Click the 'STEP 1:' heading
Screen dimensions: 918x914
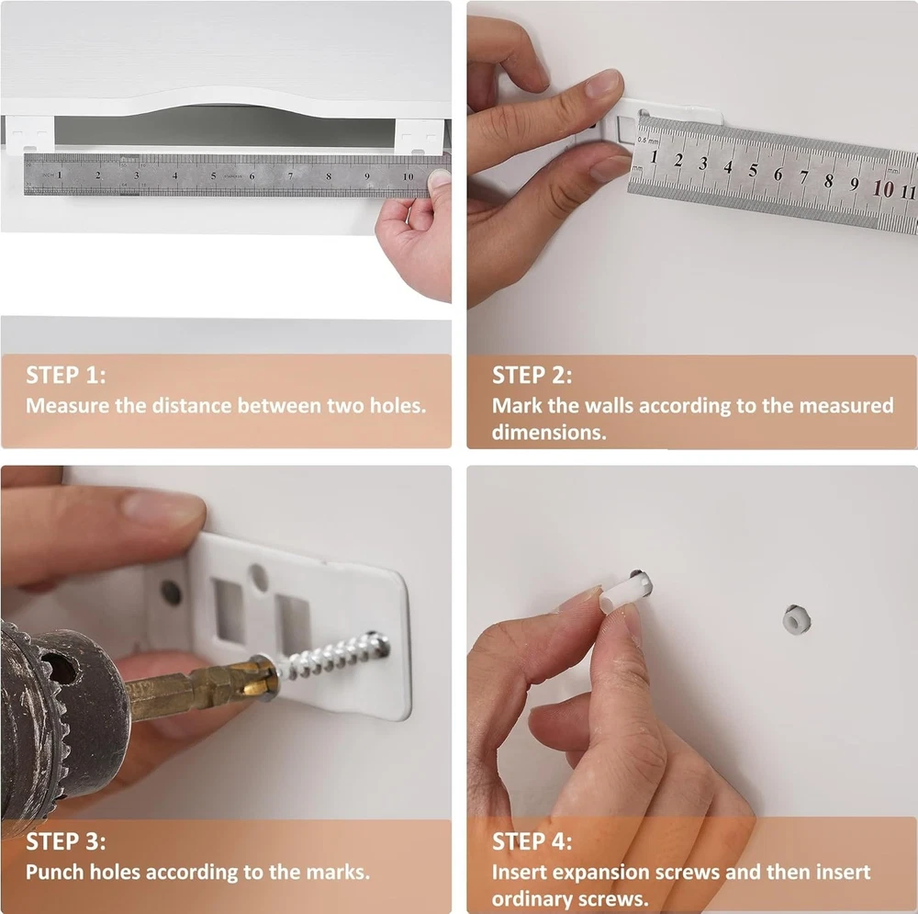click(x=65, y=375)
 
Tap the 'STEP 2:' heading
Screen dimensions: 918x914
click(x=532, y=375)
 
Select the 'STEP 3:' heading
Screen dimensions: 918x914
click(x=65, y=841)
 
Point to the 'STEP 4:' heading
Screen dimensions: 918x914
click(x=532, y=841)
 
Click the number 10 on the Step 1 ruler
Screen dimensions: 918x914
click(x=409, y=176)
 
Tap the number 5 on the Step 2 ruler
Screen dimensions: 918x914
click(x=753, y=170)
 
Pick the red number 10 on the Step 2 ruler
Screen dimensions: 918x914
click(x=883, y=188)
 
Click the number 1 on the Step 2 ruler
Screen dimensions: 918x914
click(x=654, y=157)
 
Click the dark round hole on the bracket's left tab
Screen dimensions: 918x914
click(x=171, y=592)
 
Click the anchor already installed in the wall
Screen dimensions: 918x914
click(x=796, y=620)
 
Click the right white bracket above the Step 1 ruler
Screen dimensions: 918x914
click(x=420, y=137)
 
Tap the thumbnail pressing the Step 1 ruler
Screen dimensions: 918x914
click(x=439, y=177)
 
